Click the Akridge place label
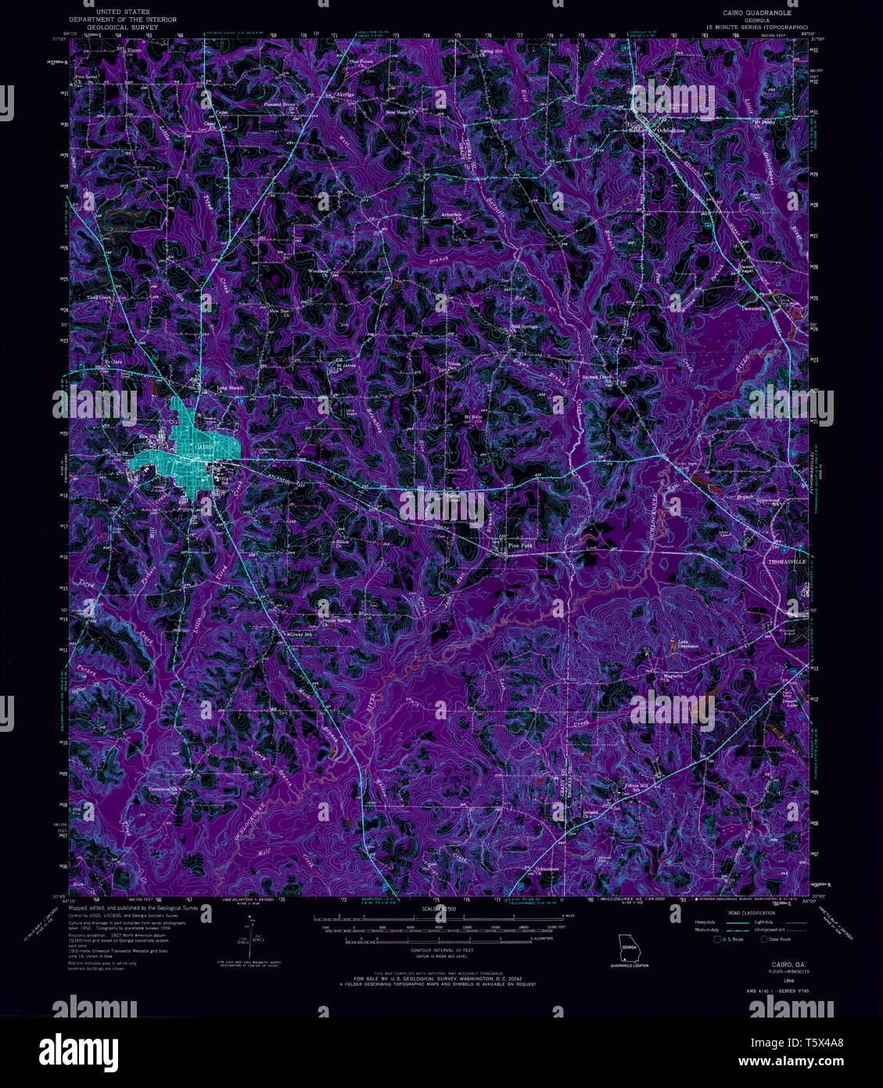pyautogui.click(x=344, y=95)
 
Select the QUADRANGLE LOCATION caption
pyautogui.click(x=630, y=965)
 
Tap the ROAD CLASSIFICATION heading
pyautogui.click(x=750, y=913)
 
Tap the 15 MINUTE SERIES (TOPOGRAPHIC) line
pyautogui.click(x=756, y=27)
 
